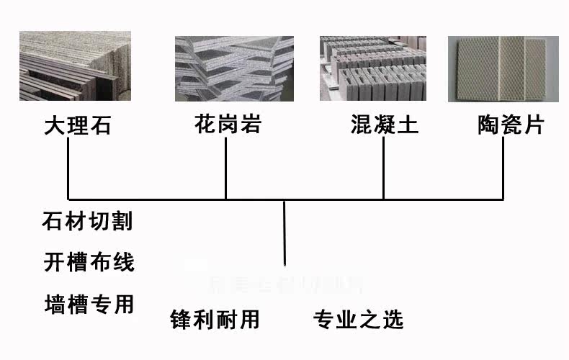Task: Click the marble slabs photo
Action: tap(75, 66)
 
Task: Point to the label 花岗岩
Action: tap(227, 125)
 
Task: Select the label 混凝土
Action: tap(384, 125)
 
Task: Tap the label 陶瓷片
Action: tap(511, 125)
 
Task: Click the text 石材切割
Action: tap(88, 221)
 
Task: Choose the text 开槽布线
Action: tap(89, 261)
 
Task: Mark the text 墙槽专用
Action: tap(89, 303)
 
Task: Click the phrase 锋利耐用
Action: tap(214, 318)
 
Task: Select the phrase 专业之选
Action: tap(358, 318)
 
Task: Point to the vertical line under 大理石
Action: tap(68, 168)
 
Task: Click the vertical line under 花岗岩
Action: tap(226, 168)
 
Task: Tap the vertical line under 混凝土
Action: tap(383, 168)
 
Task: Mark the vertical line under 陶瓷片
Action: tap(503, 168)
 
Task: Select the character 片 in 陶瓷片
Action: tap(534, 125)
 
